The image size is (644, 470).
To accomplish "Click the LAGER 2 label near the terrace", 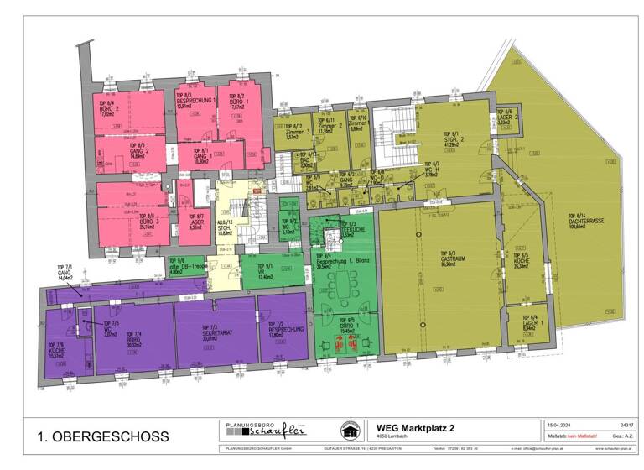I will click(504, 117).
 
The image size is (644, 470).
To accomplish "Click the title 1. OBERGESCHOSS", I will click(102, 437).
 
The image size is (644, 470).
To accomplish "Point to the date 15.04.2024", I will click(560, 426).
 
